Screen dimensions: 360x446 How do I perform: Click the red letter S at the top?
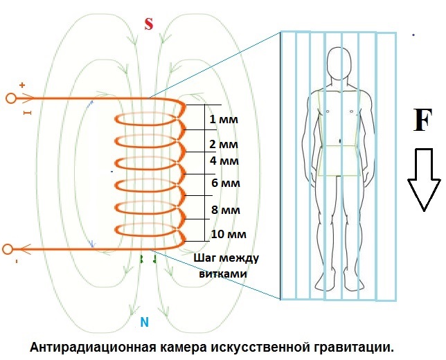(148, 24)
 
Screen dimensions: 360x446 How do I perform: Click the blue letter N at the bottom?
(144, 322)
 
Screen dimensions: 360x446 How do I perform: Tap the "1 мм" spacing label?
(223, 119)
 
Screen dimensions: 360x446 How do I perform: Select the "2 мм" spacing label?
(223, 145)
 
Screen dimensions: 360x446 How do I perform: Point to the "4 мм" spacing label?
(224, 161)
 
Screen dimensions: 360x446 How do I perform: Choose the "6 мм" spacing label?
(224, 183)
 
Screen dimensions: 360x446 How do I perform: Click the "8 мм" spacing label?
(226, 210)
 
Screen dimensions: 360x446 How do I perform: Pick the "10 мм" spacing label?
(227, 233)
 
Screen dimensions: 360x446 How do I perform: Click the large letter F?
(422, 120)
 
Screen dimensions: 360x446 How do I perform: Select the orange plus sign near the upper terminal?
(22, 85)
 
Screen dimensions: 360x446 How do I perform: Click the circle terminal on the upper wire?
(10, 98)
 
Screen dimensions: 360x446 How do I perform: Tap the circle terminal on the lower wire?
(8, 249)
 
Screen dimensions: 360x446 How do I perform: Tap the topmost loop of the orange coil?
(149, 118)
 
